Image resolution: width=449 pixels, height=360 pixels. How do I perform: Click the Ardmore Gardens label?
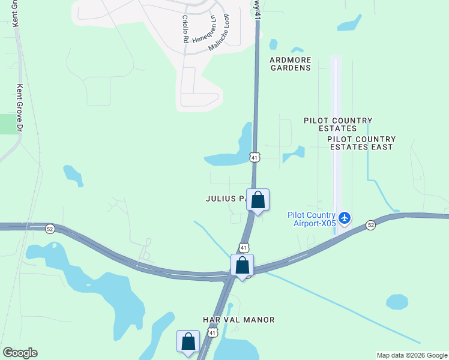(x=290, y=64)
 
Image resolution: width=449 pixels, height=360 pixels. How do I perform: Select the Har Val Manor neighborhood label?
(x=239, y=320)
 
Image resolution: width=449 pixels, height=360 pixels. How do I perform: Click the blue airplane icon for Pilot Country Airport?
(x=345, y=217)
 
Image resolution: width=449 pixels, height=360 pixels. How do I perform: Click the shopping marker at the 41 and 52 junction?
(x=243, y=265)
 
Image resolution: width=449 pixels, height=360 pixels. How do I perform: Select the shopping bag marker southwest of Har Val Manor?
(x=188, y=341)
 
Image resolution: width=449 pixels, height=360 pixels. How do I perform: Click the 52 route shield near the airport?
(x=371, y=224)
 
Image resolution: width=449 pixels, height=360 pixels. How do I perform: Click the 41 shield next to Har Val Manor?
(x=212, y=332)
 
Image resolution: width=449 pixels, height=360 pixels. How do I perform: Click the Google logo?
(x=20, y=353)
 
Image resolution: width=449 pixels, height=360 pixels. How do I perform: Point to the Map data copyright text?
(x=411, y=355)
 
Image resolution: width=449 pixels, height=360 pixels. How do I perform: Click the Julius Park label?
(x=226, y=199)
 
